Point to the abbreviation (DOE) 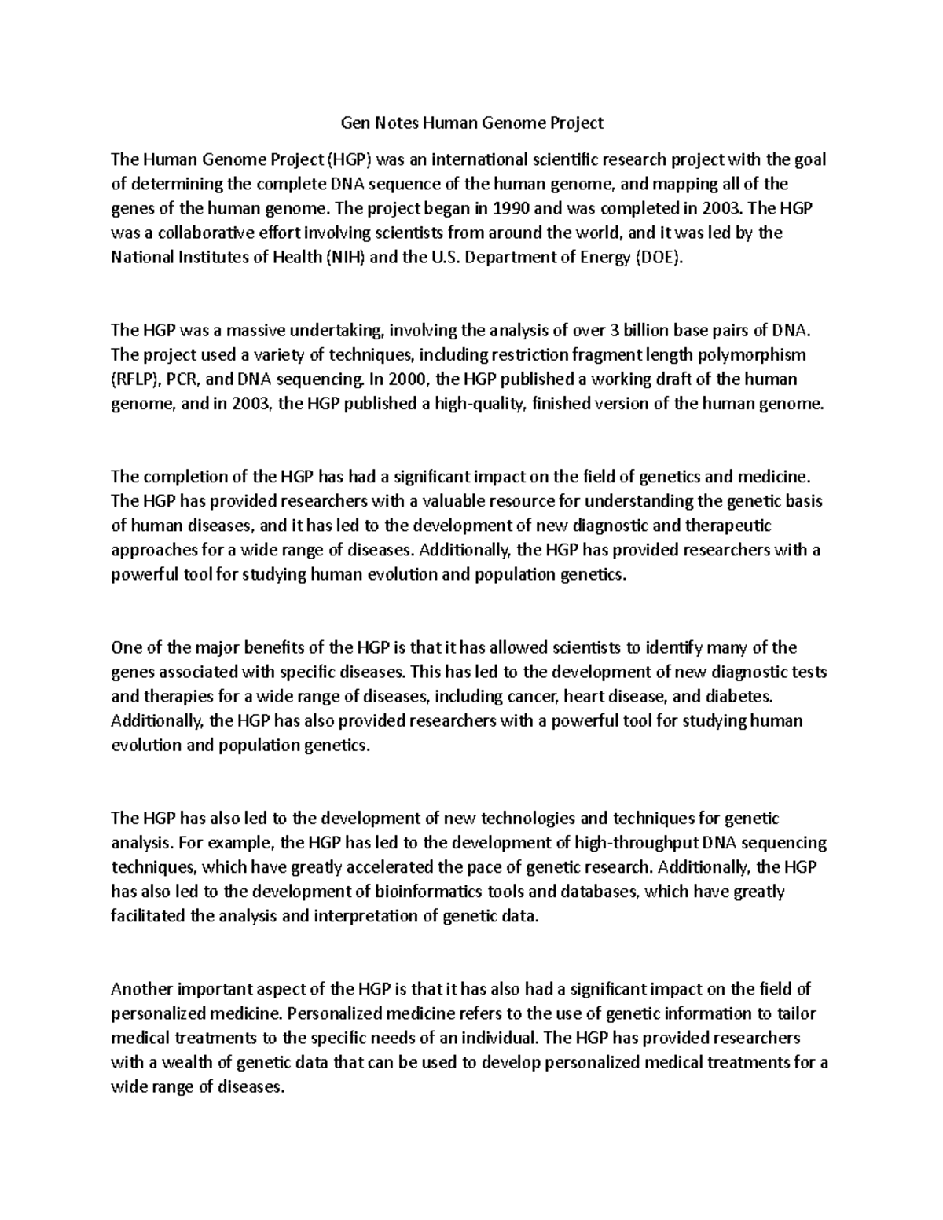pos(659,258)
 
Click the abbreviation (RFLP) pos(137,379)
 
